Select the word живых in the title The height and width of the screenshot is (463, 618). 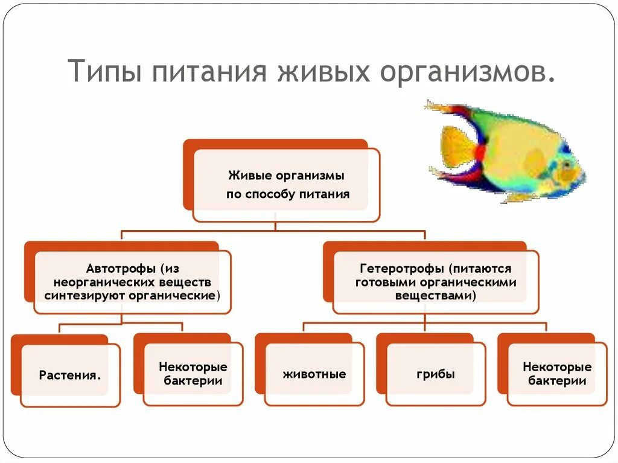(323, 71)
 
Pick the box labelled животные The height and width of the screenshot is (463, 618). (314, 374)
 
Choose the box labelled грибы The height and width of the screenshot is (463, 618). (436, 374)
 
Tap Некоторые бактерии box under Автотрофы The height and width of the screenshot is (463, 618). (193, 374)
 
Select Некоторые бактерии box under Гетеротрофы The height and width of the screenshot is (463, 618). (557, 374)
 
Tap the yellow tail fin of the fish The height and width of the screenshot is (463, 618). (456, 145)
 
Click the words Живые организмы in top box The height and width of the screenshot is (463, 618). (286, 176)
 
